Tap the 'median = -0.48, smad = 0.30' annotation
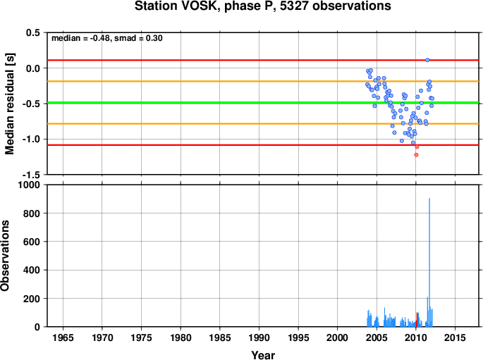pyautogui.click(x=107, y=38)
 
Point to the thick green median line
pyautogui.click(x=263, y=102)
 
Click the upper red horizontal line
pyautogui.click(x=263, y=60)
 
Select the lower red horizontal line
pyautogui.click(x=263, y=145)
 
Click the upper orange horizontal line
pyautogui.click(x=263, y=81)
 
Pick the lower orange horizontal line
pyautogui.click(x=263, y=124)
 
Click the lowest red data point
pyautogui.click(x=416, y=155)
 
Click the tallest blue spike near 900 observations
pyautogui.click(x=429, y=262)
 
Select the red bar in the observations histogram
pyautogui.click(x=417, y=319)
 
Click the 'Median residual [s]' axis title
pyautogui.click(x=10, y=104)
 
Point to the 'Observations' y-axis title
pyautogui.click(x=5, y=256)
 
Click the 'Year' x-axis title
pyautogui.click(x=263, y=355)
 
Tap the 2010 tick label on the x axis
pyautogui.click(x=416, y=337)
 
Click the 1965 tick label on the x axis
pyautogui.click(x=63, y=337)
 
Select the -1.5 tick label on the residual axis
pyautogui.click(x=31, y=175)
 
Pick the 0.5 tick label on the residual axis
pyautogui.click(x=33, y=32)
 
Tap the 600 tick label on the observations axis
pyautogui.click(x=32, y=242)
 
